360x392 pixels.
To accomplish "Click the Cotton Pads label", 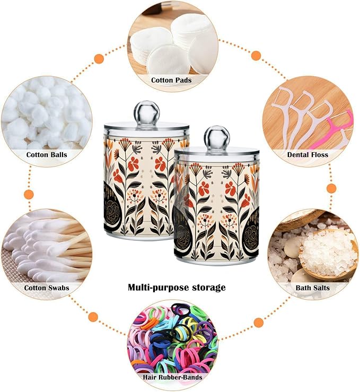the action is pos(171,80).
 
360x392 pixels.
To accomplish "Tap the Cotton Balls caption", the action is pos(47,154).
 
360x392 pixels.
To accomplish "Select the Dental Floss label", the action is pos(308,154).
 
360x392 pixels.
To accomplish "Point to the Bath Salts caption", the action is pos(312,288).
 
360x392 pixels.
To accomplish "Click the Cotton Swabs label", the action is pos(47,288).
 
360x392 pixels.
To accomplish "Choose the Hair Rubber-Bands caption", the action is pos(172,377).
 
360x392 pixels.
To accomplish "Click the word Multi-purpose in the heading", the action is pos(158,288).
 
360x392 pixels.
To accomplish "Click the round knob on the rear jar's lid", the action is pos(147,112).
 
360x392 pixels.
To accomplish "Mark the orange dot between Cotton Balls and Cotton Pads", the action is pos(99,59).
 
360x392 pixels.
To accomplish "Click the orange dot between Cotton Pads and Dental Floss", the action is pos(256,56).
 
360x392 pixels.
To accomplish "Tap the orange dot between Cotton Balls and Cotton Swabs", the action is pos(29,194).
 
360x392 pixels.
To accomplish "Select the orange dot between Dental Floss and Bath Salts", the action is pos(331,188).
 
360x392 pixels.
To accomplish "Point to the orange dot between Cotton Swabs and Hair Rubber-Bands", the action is pos(93,317).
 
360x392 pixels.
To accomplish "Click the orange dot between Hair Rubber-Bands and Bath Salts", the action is pos(259,323).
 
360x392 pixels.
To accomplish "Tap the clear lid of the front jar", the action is pos(217,153).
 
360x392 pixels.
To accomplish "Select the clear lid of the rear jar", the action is pos(147,127).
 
